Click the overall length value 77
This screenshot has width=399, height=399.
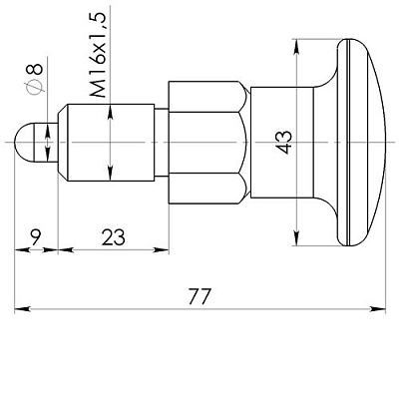(x=200, y=297)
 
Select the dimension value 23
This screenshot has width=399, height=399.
(x=112, y=238)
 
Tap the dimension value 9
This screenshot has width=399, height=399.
(x=35, y=238)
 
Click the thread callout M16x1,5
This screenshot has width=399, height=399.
(x=98, y=54)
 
